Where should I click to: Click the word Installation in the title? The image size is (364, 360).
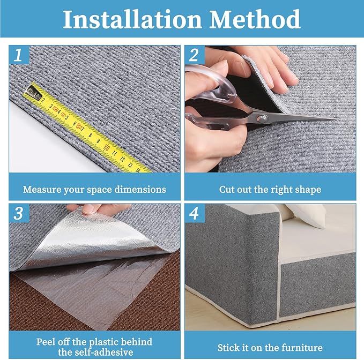[132, 19]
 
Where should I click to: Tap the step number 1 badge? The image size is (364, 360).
[19, 54]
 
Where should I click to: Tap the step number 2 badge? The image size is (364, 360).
[194, 54]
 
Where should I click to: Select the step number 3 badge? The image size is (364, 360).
[19, 213]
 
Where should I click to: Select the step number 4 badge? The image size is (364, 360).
[194, 213]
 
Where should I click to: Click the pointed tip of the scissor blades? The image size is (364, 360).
[335, 118]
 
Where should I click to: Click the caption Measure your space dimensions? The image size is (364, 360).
[94, 189]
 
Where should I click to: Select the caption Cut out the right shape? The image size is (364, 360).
[270, 189]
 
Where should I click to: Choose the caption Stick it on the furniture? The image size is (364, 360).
[270, 347]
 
